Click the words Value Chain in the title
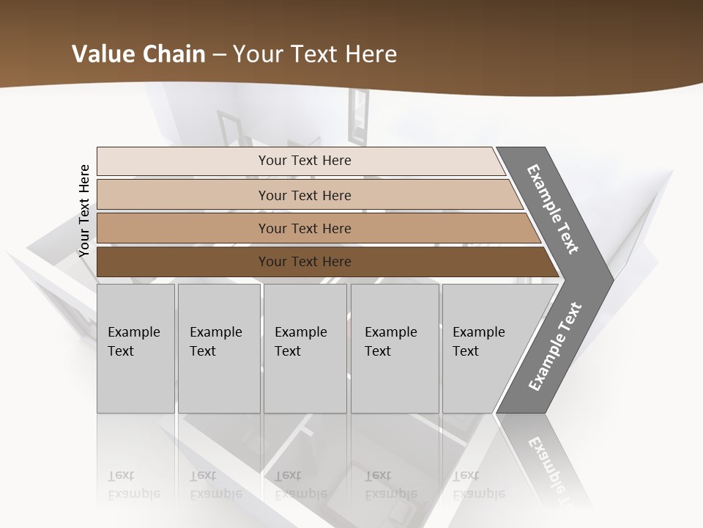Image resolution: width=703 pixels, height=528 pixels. coord(138,54)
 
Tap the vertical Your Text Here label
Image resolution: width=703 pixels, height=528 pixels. coord(84,211)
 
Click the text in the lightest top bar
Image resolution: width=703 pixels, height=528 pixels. coord(305,161)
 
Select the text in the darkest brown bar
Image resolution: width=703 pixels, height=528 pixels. coord(305,262)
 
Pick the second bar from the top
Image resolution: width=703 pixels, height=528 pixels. coord(305,196)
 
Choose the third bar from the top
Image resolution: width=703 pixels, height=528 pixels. coord(305,229)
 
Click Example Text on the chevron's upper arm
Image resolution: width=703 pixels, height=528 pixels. coord(553,209)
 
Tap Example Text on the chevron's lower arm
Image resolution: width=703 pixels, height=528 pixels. coord(555,346)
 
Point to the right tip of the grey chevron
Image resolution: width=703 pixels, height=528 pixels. coord(611,279)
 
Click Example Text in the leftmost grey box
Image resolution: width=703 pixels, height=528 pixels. coord(133,342)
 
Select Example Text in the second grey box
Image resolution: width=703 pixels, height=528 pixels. coord(215,342)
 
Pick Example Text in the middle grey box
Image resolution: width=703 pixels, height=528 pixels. coord(300,342)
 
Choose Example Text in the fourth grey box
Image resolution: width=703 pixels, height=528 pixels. coord(390,342)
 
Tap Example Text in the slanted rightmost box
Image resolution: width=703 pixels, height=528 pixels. coord(478,342)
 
